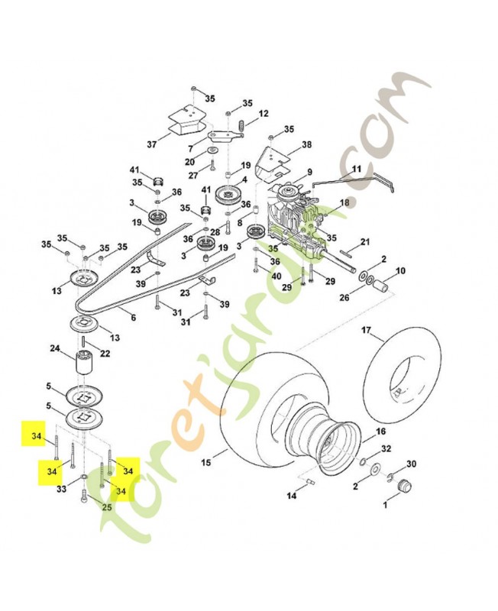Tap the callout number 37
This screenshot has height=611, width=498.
[151, 144]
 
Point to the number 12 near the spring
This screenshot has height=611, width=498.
[264, 113]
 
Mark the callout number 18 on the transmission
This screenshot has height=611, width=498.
[344, 202]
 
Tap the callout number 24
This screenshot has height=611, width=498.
[55, 349]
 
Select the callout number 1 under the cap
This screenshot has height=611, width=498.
[385, 505]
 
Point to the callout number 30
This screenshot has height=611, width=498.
[411, 464]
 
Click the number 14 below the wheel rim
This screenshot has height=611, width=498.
[291, 496]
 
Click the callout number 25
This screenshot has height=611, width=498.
[107, 508]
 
